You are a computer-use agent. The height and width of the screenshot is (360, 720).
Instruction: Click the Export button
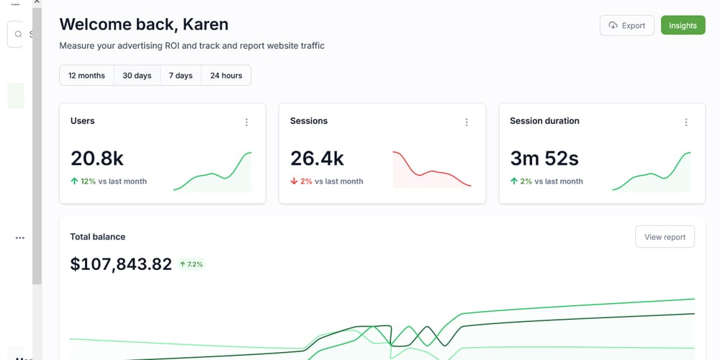pos(626,25)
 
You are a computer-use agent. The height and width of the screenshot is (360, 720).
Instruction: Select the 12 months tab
pos(86,76)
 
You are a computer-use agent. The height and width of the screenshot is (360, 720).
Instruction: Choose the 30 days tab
pos(137,76)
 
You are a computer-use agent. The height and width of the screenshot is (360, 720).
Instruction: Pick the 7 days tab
pos(181,76)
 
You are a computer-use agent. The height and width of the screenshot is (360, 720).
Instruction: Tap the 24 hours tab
pos(226,76)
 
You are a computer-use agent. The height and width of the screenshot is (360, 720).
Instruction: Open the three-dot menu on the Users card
pos(247,122)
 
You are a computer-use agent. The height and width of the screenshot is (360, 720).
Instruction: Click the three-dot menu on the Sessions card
pos(467,122)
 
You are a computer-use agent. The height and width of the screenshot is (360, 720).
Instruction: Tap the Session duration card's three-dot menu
pos(686,122)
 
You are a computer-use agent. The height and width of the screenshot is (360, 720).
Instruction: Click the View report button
pos(665,237)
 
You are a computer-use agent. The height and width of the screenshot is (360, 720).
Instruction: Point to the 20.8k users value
pos(97,158)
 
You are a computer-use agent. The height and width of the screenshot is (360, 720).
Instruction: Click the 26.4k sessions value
pos(317,158)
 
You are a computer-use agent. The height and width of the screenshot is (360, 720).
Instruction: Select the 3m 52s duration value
pos(544,158)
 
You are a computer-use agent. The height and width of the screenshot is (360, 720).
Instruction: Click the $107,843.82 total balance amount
pos(121,264)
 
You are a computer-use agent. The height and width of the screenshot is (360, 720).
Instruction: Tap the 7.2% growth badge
pos(192,264)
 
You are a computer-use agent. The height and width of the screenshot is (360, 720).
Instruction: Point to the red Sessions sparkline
pos(432,171)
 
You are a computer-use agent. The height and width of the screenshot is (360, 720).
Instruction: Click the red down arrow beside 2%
pos(294,181)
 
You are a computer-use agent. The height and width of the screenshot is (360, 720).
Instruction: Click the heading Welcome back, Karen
pos(144,24)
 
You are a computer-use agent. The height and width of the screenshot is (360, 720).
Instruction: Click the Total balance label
pos(98,236)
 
